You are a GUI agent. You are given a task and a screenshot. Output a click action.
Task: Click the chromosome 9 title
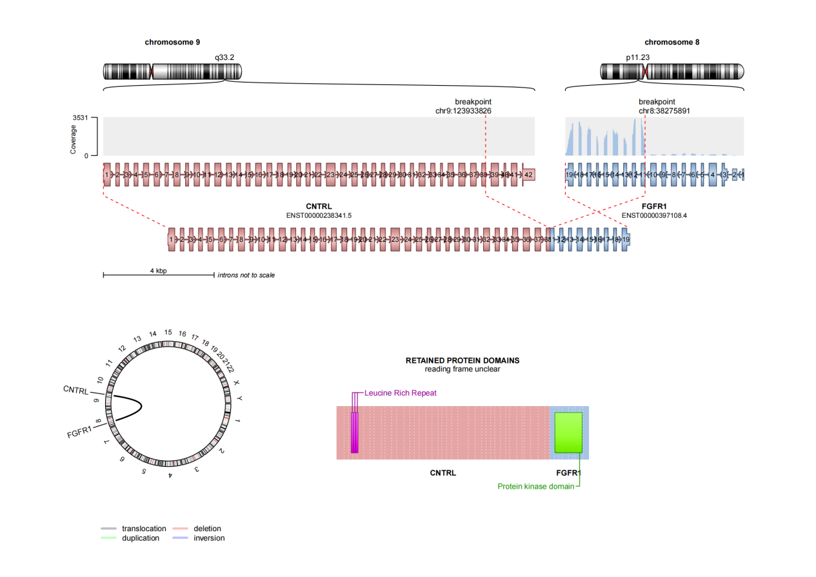172,42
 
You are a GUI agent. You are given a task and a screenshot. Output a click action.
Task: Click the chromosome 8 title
672,42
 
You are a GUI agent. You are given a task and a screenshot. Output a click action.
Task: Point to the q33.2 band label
224,57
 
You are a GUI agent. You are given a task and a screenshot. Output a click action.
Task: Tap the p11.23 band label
637,57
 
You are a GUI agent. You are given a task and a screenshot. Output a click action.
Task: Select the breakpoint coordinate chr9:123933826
464,111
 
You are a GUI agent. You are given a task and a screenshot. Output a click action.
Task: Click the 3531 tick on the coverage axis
80,118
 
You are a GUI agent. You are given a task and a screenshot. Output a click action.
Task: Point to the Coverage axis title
74,137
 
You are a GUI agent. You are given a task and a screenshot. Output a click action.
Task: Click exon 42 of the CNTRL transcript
528,175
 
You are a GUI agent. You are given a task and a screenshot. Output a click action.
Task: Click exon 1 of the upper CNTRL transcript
106,175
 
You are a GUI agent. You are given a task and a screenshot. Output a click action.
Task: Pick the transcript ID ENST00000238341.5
319,215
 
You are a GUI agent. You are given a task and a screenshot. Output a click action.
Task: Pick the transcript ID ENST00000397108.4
654,215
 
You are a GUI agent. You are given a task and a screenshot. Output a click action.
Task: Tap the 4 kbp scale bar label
159,271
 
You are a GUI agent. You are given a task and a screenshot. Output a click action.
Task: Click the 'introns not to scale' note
246,275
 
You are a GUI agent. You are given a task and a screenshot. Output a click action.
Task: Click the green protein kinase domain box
568,433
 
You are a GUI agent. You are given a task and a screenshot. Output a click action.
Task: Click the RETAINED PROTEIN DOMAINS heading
462,360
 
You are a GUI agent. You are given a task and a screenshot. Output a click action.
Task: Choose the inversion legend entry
209,538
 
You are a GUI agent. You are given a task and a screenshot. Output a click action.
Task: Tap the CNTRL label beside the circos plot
75,390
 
